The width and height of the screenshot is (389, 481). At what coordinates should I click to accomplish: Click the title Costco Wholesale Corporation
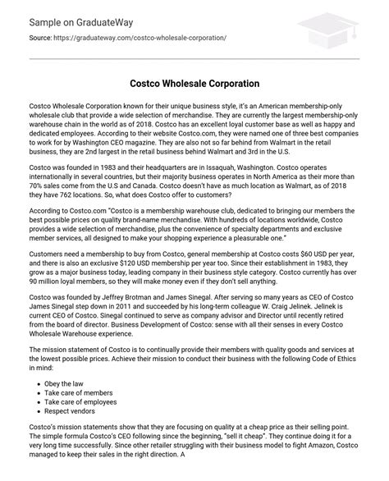click(x=194, y=84)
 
